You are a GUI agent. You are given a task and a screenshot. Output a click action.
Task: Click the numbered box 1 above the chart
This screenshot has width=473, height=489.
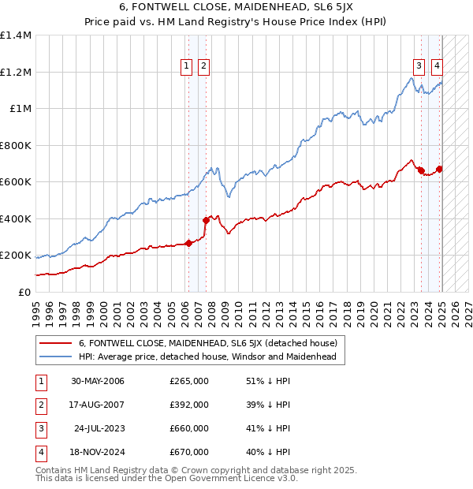pyautogui.click(x=187, y=66)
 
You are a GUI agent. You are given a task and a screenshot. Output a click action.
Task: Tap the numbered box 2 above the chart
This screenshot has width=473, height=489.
pyautogui.click(x=203, y=66)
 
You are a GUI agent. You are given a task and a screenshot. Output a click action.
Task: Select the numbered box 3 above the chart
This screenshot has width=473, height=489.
pyautogui.click(x=419, y=66)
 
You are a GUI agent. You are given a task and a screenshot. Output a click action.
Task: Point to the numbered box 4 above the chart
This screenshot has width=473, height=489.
pyautogui.click(x=437, y=66)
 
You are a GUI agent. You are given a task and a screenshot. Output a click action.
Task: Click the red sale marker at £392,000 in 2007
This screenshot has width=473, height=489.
pyautogui.click(x=206, y=221)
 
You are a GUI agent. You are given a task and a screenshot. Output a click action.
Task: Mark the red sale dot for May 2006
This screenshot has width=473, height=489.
pyautogui.click(x=189, y=244)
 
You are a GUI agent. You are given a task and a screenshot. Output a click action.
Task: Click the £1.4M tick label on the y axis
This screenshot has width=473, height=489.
pyautogui.click(x=16, y=35)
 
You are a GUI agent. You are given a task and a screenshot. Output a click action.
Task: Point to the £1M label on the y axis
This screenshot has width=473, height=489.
pyautogui.click(x=20, y=109)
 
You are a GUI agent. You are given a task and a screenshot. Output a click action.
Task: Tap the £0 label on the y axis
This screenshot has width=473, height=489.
pyautogui.click(x=24, y=292)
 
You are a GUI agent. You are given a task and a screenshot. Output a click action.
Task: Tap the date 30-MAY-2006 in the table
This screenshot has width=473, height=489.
pyautogui.click(x=98, y=381)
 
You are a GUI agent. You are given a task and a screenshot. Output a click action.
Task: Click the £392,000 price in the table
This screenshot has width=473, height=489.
pyautogui.click(x=189, y=405)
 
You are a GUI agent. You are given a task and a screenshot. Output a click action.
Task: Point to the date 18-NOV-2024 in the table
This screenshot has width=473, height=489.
pyautogui.click(x=98, y=452)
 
